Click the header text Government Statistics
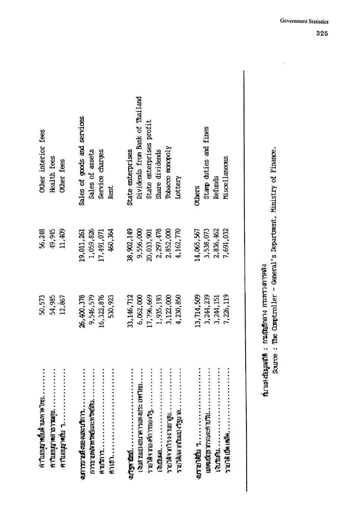pyautogui.click(x=304, y=22)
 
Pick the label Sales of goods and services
pyautogui.click(x=82, y=161)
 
